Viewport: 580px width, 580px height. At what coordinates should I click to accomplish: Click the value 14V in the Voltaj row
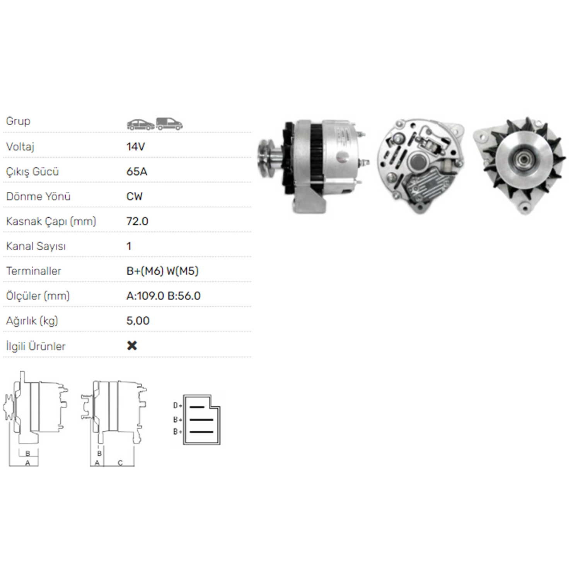[135, 147]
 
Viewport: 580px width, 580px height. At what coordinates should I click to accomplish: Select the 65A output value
[136, 171]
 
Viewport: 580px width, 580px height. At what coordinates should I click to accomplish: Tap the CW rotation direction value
[134, 196]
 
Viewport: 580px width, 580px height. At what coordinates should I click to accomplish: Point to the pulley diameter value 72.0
[137, 221]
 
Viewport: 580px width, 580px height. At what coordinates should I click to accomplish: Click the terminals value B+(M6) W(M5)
[162, 271]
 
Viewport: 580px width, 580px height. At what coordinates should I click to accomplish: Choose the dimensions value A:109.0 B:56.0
[163, 296]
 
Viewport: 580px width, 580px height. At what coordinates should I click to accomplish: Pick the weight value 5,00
[138, 321]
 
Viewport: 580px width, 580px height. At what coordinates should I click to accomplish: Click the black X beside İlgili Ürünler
[132, 345]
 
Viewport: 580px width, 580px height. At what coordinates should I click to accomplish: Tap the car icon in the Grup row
[141, 125]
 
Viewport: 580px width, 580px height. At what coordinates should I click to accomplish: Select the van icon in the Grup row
[169, 124]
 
